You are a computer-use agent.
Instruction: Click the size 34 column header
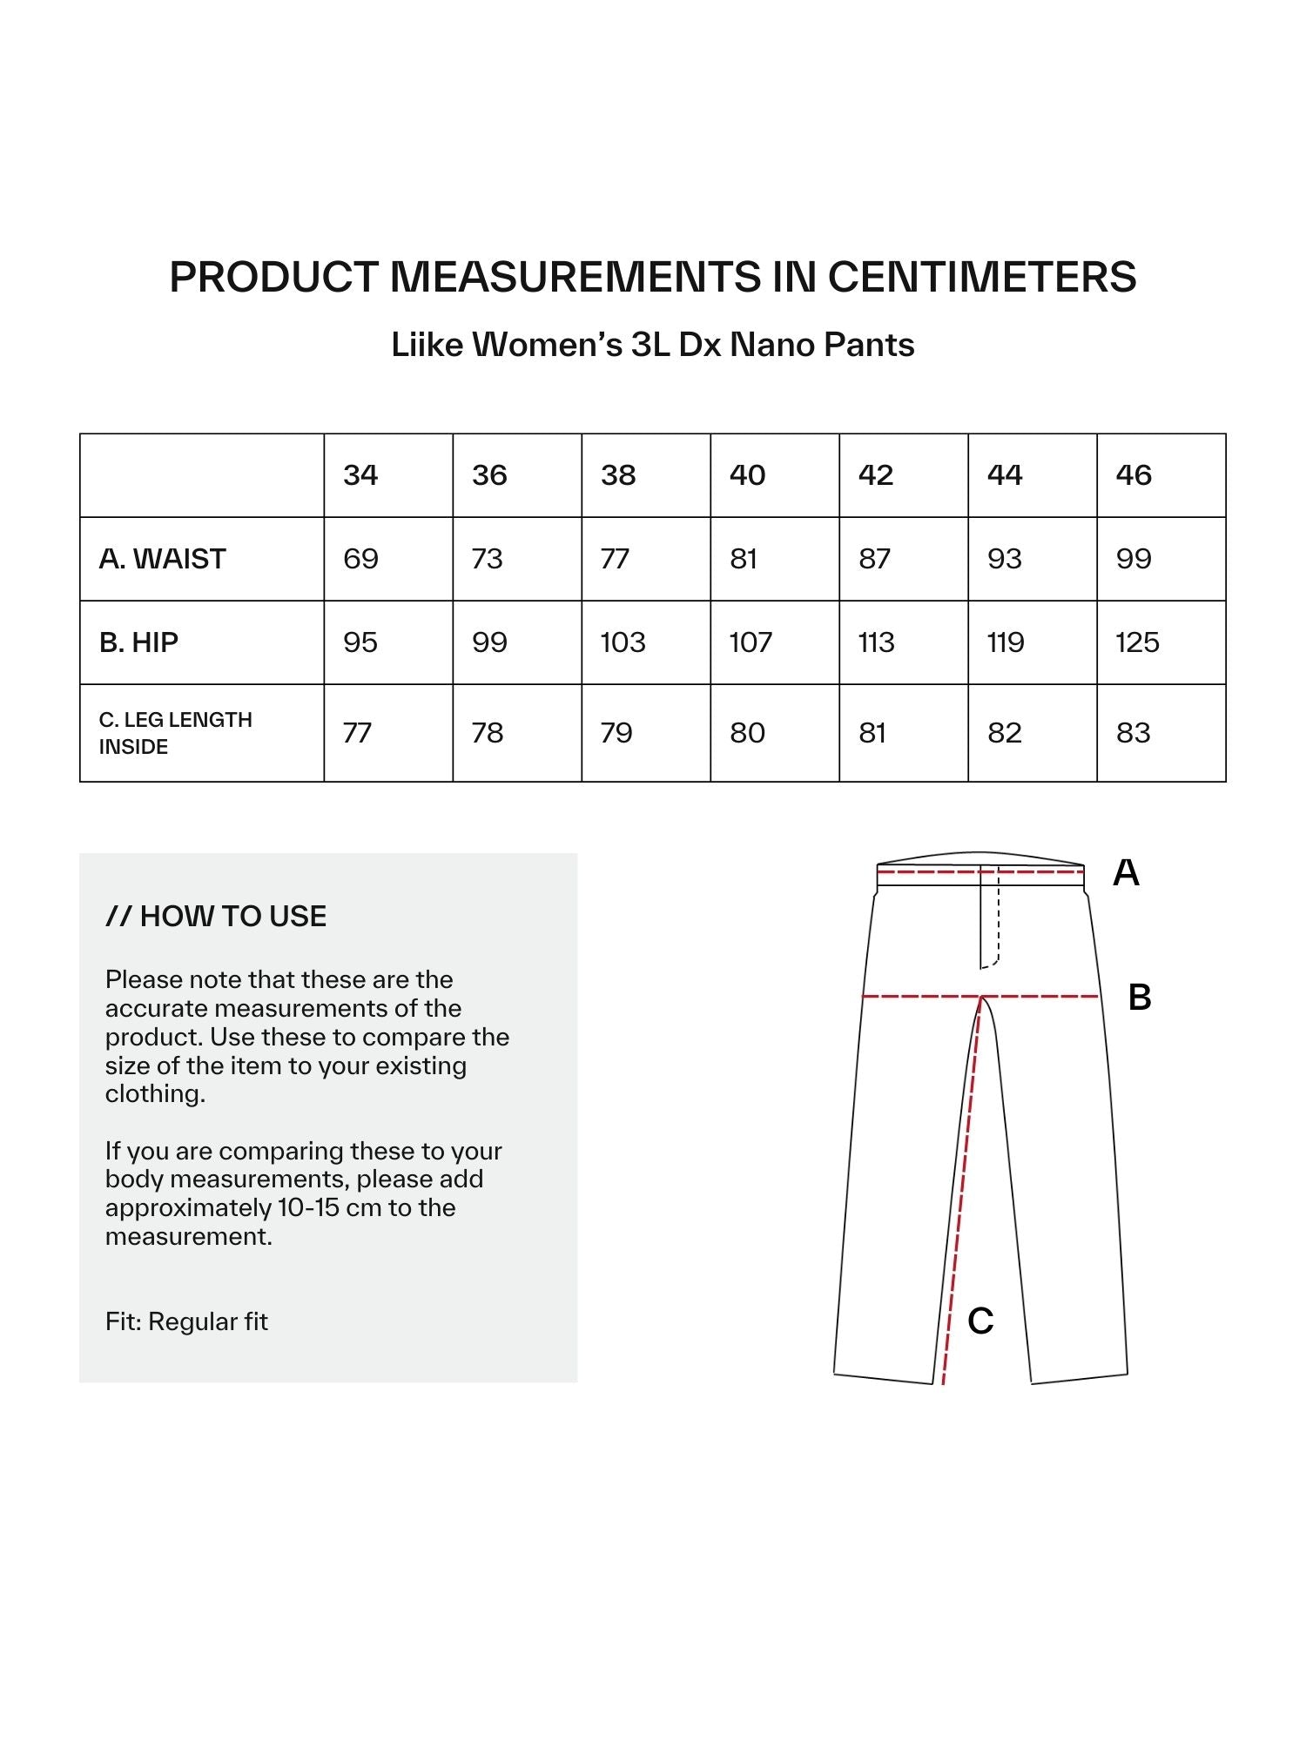(x=360, y=475)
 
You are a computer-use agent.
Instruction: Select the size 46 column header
(x=1134, y=475)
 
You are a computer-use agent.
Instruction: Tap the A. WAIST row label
(x=163, y=559)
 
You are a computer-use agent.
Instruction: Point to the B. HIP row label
(x=138, y=642)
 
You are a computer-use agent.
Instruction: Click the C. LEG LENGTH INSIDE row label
(x=176, y=733)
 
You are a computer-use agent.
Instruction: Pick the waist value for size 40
(x=744, y=559)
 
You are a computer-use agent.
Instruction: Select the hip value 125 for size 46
(x=1137, y=642)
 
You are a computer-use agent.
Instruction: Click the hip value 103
(x=623, y=642)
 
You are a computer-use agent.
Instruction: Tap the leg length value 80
(x=747, y=733)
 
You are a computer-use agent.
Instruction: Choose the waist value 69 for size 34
(x=360, y=559)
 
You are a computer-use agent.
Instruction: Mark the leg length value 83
(x=1134, y=733)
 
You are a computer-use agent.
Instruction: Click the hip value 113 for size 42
(x=876, y=642)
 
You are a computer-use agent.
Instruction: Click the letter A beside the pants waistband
(x=1126, y=872)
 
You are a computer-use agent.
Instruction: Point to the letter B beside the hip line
(x=1139, y=998)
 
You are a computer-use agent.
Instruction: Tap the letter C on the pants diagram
(x=980, y=1321)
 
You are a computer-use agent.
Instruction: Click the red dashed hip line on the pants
(x=923, y=996)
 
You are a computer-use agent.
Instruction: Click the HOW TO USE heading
(x=216, y=917)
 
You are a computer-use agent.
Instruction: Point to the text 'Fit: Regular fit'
(x=186, y=1321)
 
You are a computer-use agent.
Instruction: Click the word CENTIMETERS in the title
(x=981, y=277)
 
